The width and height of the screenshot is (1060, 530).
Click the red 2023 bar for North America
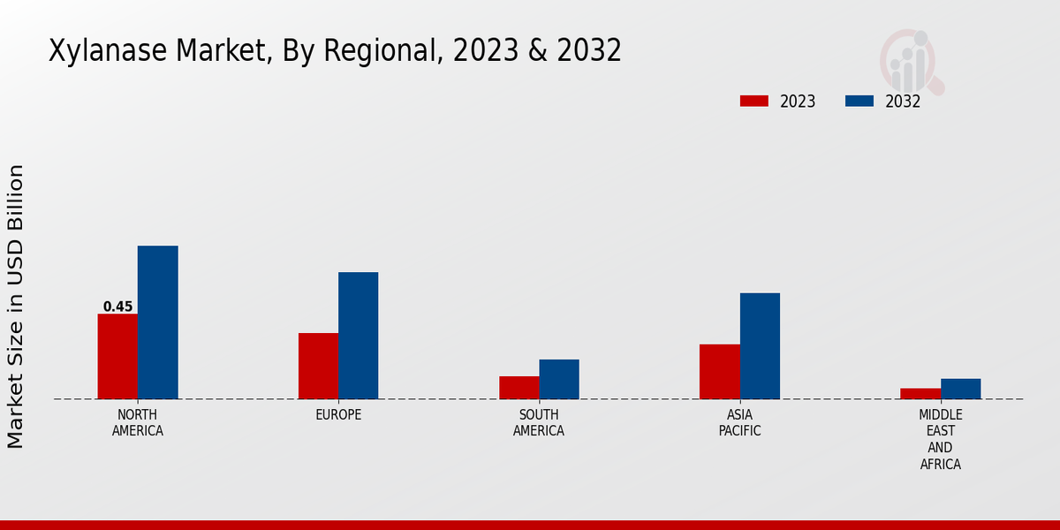(x=117, y=356)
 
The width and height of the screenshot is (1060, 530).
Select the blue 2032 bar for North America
(x=157, y=322)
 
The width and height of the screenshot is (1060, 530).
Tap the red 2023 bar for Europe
(x=318, y=366)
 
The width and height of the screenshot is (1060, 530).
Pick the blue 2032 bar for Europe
(x=358, y=336)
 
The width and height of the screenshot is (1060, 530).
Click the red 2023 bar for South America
(x=519, y=388)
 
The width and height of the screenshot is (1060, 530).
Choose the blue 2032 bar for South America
(x=559, y=379)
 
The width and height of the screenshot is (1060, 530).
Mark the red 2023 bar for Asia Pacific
(x=719, y=371)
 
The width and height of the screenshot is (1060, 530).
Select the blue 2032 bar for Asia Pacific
(x=760, y=345)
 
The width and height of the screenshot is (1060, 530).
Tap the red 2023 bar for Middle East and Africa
(x=920, y=393)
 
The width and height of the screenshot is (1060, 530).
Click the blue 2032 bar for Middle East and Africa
(x=960, y=389)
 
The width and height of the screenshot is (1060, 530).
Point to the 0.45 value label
(x=117, y=307)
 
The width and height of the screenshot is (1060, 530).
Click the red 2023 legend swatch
(x=753, y=101)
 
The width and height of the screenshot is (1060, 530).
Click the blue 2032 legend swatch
(x=859, y=101)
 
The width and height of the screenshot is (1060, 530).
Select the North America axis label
(x=138, y=423)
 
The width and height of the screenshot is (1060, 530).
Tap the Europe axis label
(x=338, y=414)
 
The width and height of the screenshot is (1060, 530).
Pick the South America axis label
(x=539, y=423)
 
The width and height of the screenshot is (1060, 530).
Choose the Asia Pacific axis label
(x=739, y=423)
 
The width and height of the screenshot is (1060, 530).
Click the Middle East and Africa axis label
(x=941, y=439)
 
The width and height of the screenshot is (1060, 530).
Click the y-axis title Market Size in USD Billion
(x=16, y=307)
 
